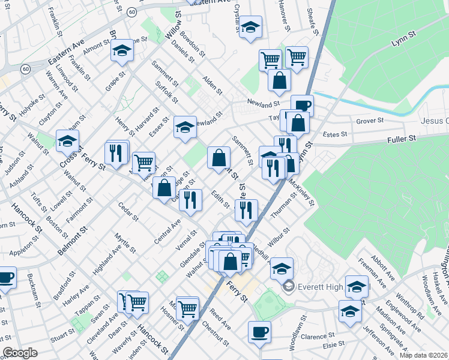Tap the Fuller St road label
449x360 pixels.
point(404,139)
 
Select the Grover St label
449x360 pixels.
point(370,121)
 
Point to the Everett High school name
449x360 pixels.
point(318,287)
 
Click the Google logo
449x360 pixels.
point(20,353)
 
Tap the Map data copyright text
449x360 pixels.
point(423,355)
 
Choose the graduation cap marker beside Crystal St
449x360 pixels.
point(250,27)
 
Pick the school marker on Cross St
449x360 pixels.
point(67,142)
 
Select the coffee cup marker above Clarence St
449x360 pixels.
point(259,331)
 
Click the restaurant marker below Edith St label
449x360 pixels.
point(246,209)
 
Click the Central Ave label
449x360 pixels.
point(167,232)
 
